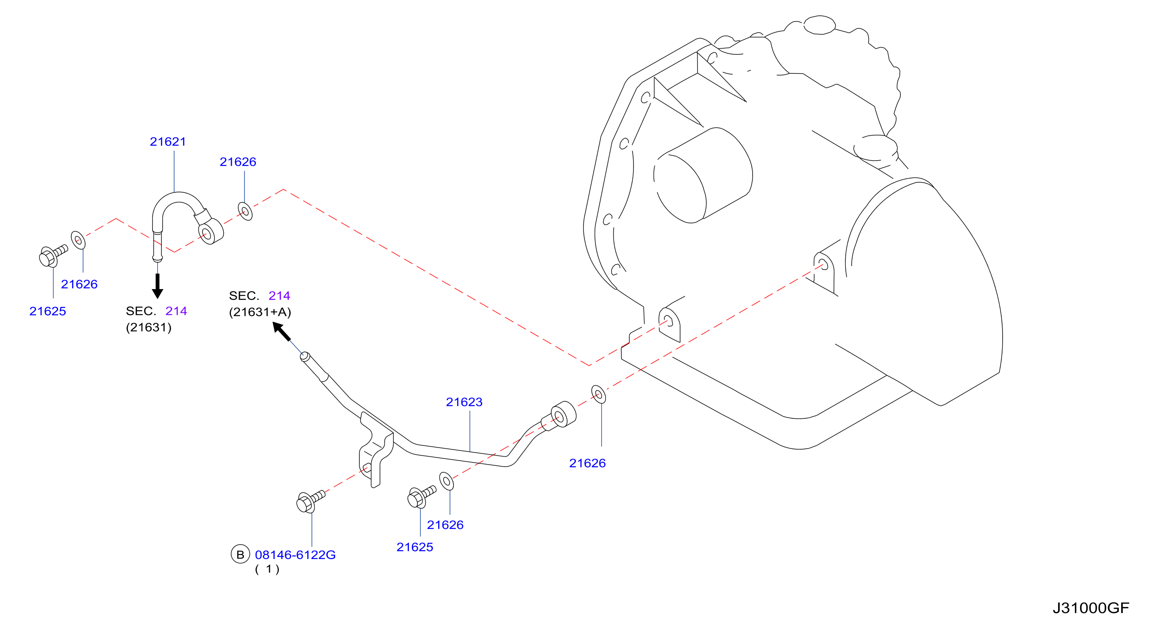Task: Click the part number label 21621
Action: click(x=168, y=142)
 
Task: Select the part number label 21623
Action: click(x=464, y=402)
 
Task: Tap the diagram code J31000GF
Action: click(x=1091, y=608)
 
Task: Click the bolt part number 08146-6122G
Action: click(x=295, y=555)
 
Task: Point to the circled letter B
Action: click(x=240, y=554)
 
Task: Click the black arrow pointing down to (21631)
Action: click(x=157, y=286)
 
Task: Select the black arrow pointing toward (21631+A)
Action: click(x=281, y=331)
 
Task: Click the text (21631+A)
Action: click(x=260, y=312)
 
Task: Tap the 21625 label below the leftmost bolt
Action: click(x=47, y=311)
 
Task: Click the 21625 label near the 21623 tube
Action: click(x=415, y=547)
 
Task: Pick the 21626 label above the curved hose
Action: click(x=238, y=162)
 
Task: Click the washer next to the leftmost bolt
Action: click(x=78, y=240)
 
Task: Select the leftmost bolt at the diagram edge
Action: click(x=53, y=256)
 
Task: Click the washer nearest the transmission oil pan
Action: click(x=598, y=394)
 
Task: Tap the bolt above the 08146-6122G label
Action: click(x=310, y=502)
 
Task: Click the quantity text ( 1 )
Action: click(x=267, y=569)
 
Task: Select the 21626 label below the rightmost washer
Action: click(x=587, y=463)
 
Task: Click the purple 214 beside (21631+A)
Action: click(x=279, y=295)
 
